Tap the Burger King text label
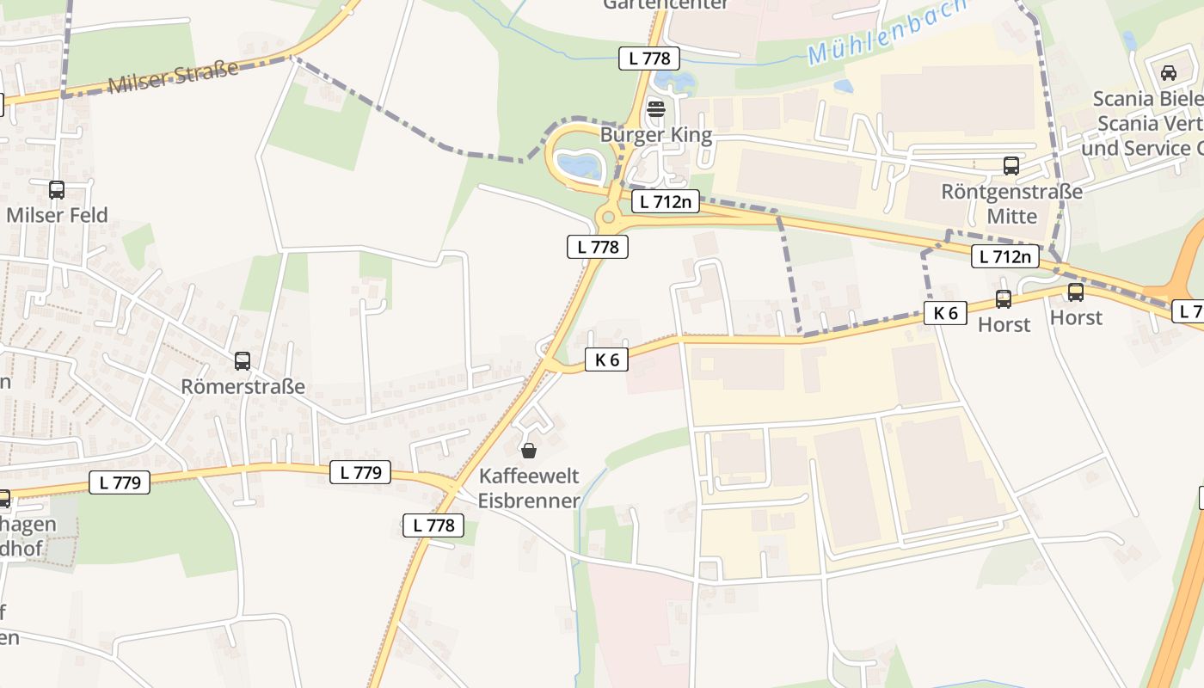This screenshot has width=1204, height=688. pos(656,135)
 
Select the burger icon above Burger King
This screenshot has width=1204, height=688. pos(656,109)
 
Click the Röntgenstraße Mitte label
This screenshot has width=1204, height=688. pos(1011,203)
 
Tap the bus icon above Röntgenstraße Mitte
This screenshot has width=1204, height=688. pos(1011,166)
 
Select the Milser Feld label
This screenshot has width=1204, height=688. pos(57,215)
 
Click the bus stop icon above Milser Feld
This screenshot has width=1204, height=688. pos(57,190)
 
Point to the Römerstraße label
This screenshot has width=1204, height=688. pos(243,386)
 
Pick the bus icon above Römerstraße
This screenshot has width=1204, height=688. pos(243,361)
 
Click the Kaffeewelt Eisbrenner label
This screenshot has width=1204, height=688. pos(529,488)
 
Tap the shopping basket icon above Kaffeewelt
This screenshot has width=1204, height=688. pos(529,451)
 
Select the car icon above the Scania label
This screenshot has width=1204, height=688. pos(1168,73)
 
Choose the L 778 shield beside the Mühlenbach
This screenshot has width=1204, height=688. pos(649,58)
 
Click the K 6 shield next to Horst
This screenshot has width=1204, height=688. pos(945,313)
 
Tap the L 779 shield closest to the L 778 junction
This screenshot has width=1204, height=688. pos(360,471)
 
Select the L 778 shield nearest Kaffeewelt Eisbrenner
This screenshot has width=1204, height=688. pos(433,525)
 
